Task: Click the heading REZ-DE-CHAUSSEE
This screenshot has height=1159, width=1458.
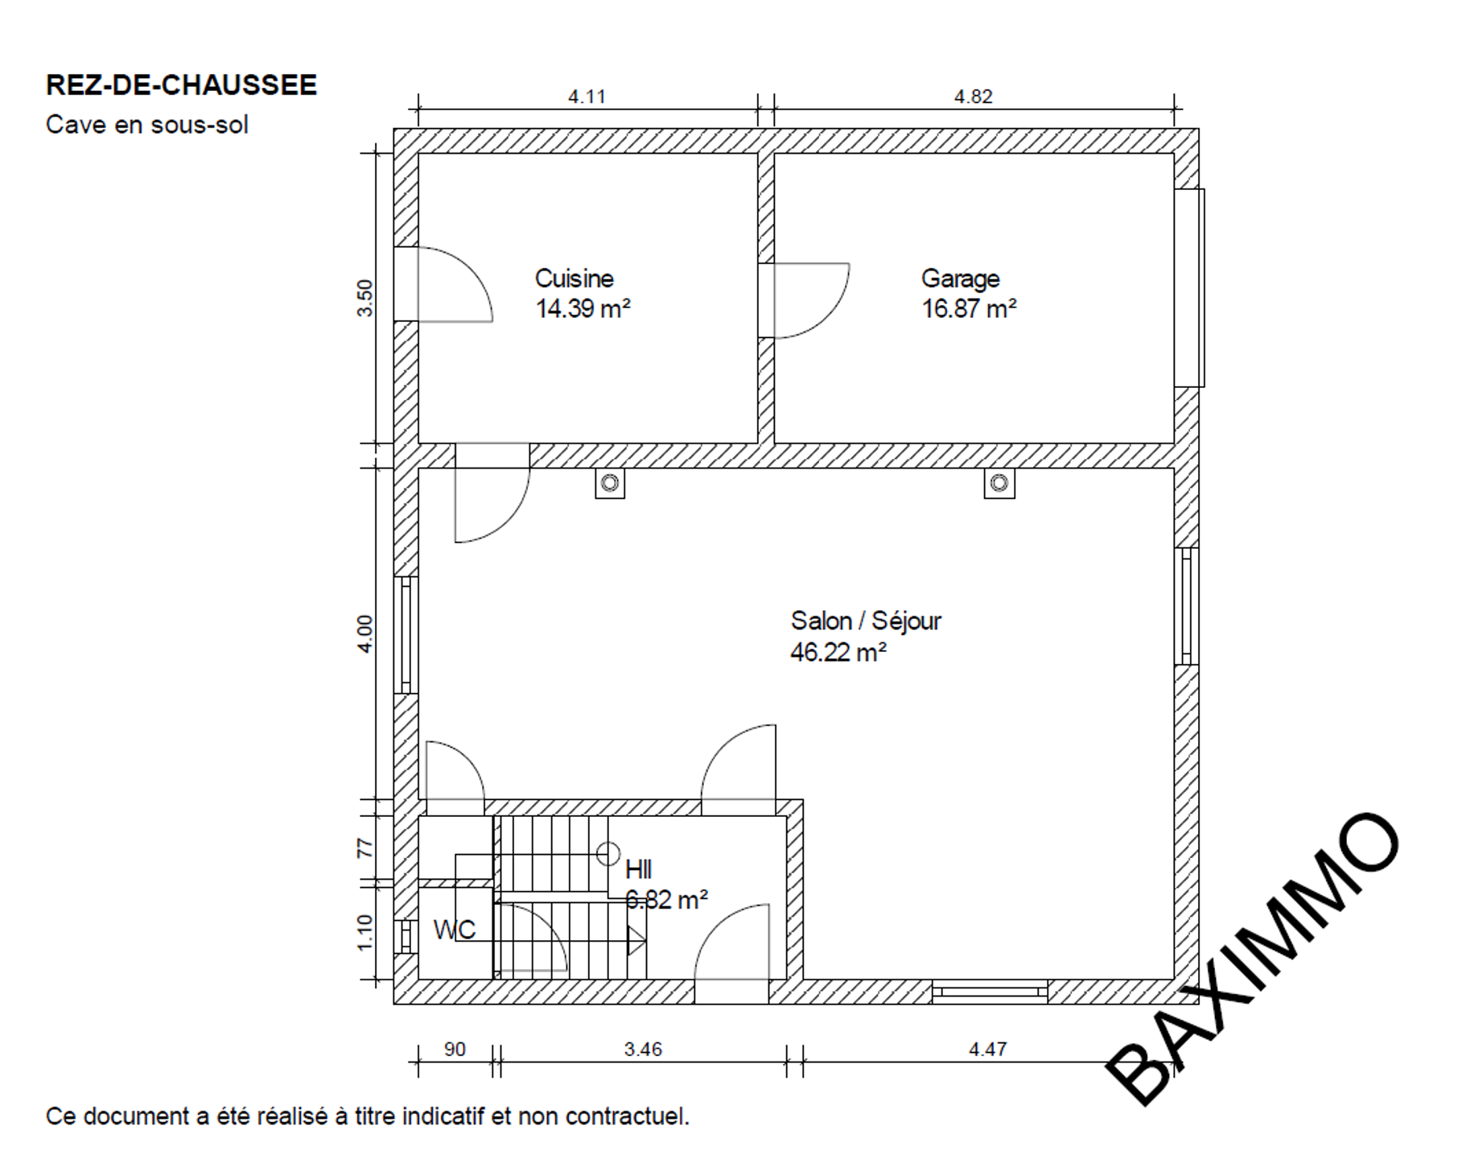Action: coord(181,85)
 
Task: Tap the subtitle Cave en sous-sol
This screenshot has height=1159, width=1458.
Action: coord(146,125)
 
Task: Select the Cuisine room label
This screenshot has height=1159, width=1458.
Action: coord(575,278)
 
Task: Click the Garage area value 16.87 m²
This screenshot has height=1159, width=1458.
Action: coord(969,309)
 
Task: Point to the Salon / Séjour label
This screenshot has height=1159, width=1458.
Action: coord(866,621)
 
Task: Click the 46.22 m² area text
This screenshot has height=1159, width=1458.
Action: coord(838,652)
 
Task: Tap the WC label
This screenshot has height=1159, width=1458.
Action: coord(455,930)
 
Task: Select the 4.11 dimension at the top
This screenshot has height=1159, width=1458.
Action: coord(587,97)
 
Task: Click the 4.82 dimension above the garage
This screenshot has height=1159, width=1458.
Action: coord(974,97)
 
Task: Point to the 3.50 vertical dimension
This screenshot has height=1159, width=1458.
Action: coord(365,298)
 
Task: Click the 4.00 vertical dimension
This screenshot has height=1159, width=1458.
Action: coord(365,634)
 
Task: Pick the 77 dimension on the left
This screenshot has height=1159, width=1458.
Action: coord(365,848)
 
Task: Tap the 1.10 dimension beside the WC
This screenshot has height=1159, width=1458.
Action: coord(365,933)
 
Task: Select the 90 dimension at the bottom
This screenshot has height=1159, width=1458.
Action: coord(455,1050)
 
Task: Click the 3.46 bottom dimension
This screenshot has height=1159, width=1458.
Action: coord(643,1050)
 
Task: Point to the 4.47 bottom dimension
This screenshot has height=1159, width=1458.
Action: coord(987,1050)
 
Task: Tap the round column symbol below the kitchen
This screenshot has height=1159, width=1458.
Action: coord(610,483)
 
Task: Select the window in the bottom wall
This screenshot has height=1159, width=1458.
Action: coord(990,992)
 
